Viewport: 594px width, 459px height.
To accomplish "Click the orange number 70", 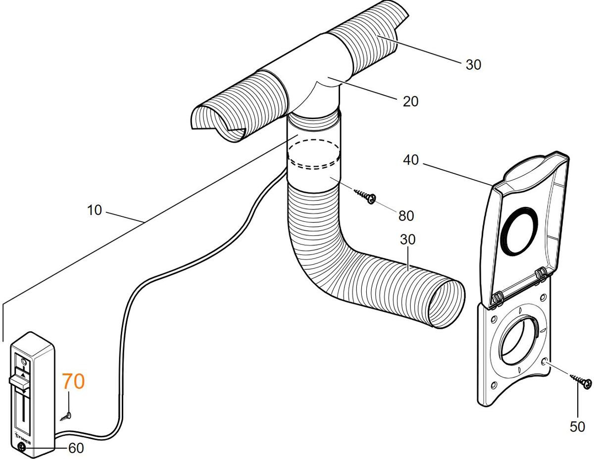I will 73,382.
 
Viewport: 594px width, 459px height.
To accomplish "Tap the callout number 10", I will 94,210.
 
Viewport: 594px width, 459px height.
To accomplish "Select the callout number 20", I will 410,102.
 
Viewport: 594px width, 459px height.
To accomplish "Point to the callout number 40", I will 410,160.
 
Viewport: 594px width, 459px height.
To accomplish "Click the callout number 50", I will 577,426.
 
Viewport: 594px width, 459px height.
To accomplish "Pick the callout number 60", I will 76,448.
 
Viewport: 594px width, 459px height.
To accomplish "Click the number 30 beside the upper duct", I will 473,65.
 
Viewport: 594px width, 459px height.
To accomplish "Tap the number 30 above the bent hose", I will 408,239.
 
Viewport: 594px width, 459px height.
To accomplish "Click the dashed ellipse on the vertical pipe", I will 314,155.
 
